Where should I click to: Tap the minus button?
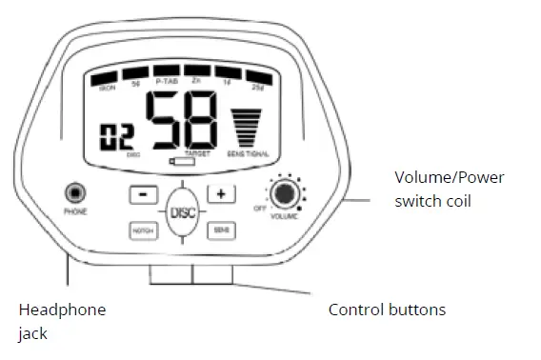tap(143, 194)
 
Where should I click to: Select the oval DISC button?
tap(181, 212)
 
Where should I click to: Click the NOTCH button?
tap(143, 230)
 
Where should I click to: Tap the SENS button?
tap(221, 230)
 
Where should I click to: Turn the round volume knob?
tap(283, 193)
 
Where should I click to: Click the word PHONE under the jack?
tap(74, 211)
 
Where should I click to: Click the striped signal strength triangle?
tap(247, 128)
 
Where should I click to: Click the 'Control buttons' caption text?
tap(387, 310)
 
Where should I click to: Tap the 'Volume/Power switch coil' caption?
tap(449, 189)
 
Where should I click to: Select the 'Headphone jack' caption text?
tap(62, 322)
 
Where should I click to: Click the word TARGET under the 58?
tap(197, 152)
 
